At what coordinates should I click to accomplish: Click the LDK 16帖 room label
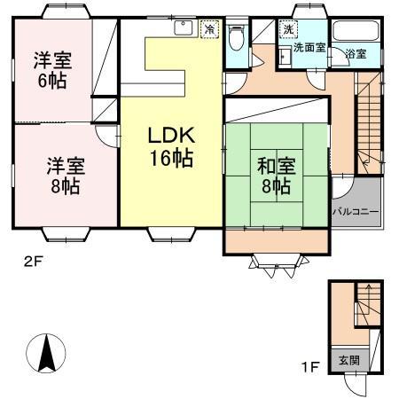click(170, 147)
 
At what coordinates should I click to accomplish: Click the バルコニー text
click(356, 212)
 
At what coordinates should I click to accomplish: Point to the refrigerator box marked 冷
click(209, 29)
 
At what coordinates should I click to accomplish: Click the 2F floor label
click(33, 261)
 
